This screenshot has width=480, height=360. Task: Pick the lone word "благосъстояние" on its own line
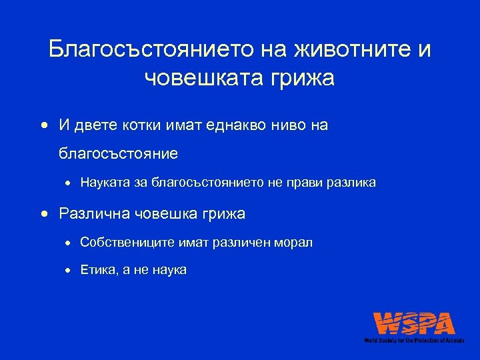[118, 153]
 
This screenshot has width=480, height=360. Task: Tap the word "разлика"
[350, 182]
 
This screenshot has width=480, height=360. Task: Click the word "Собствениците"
[127, 243]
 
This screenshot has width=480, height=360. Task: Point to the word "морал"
[294, 243]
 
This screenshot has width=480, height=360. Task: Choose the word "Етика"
[96, 270]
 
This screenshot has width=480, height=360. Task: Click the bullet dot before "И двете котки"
[43, 125]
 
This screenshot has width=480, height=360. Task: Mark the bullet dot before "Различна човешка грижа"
[43, 214]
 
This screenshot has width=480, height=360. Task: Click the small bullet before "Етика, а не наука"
[69, 271]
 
